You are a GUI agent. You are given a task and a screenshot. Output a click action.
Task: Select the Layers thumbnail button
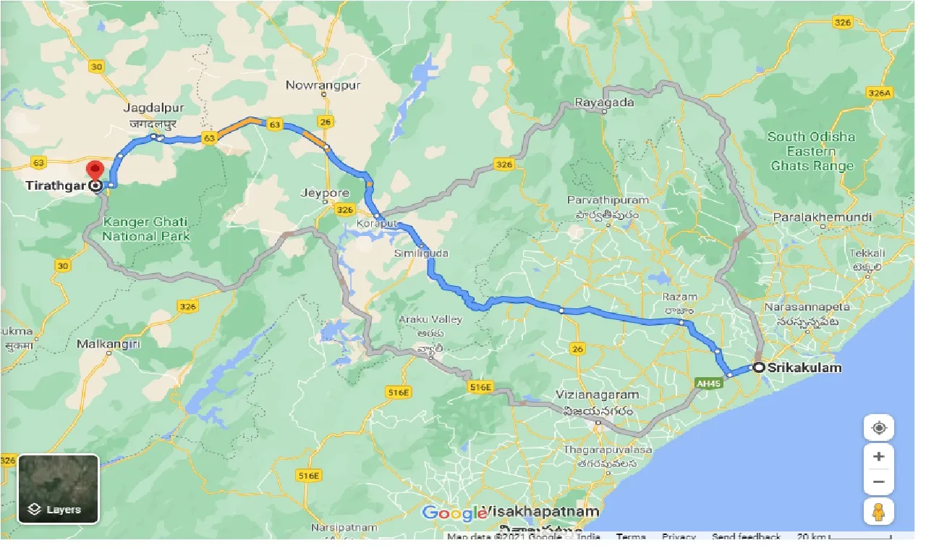click(58, 489)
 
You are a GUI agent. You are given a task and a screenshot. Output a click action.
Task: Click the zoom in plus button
click(878, 457)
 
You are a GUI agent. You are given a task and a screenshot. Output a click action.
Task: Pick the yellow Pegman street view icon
click(878, 511)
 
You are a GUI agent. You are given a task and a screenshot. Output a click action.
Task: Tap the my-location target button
click(878, 428)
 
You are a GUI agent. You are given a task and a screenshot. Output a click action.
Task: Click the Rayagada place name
click(604, 102)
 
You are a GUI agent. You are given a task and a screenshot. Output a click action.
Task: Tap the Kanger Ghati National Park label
click(146, 229)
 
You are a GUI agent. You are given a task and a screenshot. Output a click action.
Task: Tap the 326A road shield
click(880, 93)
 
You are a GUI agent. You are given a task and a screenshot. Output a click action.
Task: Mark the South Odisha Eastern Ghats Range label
click(811, 151)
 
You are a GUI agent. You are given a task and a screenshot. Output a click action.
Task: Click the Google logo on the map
click(454, 513)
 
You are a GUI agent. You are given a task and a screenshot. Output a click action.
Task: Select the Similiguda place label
click(422, 253)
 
